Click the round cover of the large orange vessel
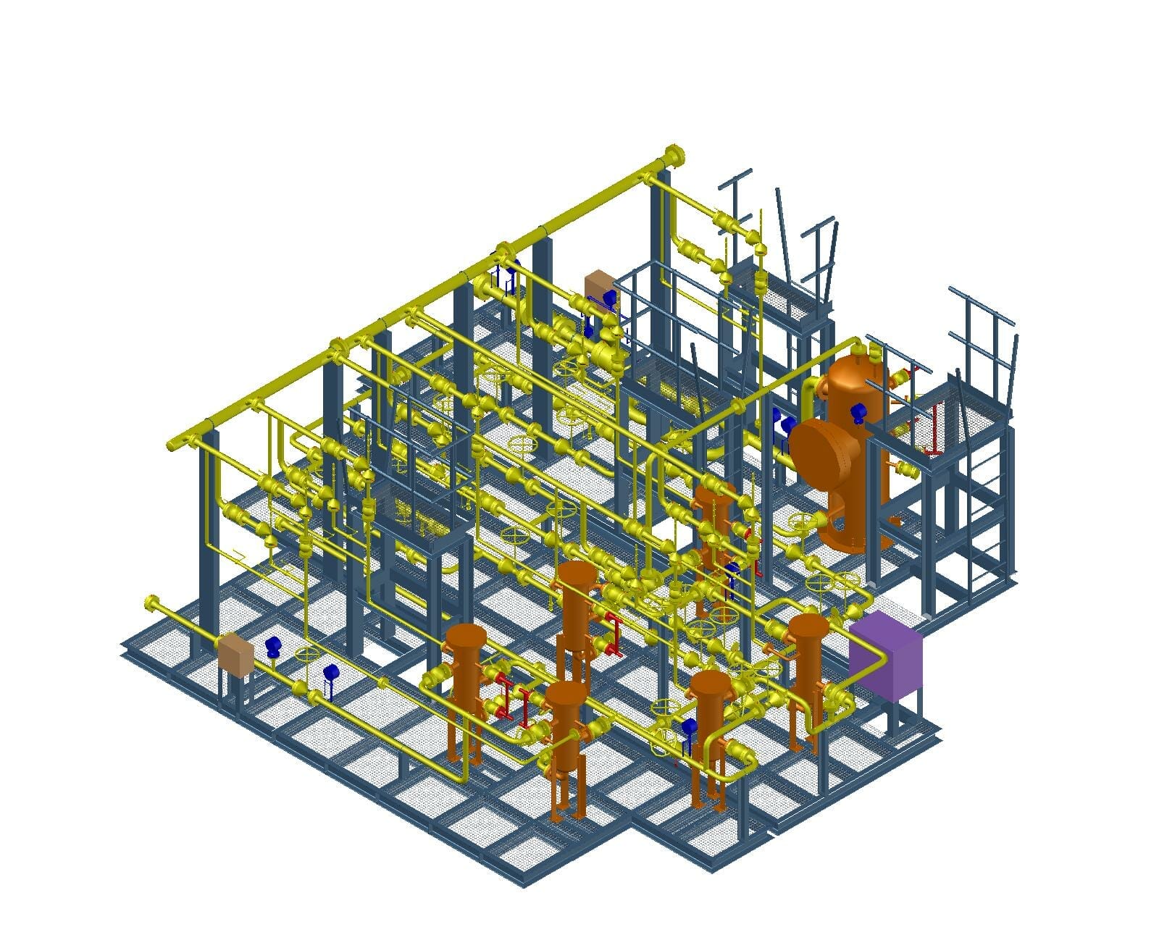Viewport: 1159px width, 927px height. pos(824,448)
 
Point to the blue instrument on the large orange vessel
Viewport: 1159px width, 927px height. pos(859,411)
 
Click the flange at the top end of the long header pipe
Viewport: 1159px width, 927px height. pos(673,156)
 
